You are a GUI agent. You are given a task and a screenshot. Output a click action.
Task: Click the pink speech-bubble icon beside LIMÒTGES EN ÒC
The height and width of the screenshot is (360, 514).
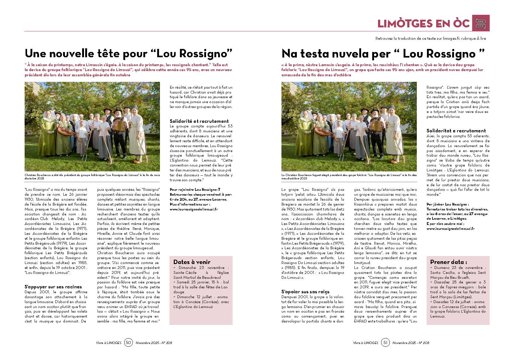[480, 23]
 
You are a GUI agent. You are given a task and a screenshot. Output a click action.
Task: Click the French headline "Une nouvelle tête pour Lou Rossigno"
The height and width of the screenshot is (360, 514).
[128, 54]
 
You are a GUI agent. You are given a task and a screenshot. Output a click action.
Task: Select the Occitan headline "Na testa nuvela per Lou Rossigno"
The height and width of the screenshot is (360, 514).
[383, 54]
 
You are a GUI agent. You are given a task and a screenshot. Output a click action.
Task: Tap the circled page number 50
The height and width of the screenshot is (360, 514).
[129, 342]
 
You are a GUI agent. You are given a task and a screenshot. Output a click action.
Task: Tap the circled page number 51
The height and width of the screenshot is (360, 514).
[385, 342]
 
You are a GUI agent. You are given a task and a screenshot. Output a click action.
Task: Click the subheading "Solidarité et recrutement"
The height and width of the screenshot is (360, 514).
[199, 121]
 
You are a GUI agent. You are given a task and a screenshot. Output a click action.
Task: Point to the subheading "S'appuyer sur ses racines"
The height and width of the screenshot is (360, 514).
[53, 287]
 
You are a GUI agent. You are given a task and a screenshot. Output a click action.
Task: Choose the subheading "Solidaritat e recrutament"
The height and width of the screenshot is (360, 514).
[456, 130]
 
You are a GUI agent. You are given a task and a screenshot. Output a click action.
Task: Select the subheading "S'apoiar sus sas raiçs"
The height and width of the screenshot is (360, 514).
[305, 291]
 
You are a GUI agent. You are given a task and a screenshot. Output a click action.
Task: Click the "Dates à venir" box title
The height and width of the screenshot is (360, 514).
[192, 262]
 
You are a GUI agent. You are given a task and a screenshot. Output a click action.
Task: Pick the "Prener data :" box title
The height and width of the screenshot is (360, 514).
[448, 262]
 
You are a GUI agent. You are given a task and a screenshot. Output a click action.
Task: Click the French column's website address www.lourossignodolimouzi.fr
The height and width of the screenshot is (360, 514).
[194, 209]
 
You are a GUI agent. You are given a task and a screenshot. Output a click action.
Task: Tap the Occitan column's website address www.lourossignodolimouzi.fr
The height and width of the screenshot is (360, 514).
[450, 229]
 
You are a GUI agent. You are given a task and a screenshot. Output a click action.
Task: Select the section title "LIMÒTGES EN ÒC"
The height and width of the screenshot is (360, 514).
[424, 23]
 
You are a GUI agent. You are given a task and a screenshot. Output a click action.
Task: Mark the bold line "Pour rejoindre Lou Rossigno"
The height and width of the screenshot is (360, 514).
[195, 190]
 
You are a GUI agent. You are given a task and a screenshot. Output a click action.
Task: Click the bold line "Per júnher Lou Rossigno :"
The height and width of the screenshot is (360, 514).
[448, 204]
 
